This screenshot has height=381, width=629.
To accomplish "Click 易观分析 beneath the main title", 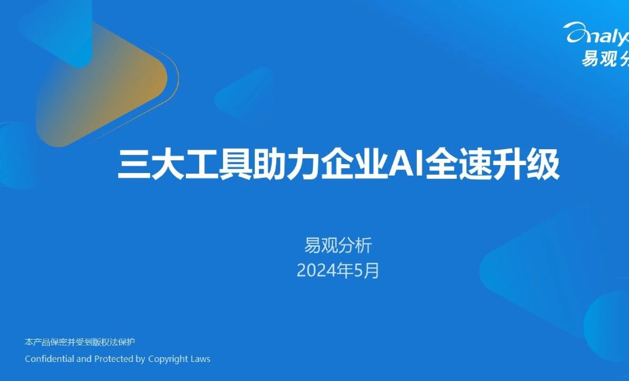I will [x=338, y=246].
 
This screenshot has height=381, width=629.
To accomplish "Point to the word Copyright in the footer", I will [x=167, y=359].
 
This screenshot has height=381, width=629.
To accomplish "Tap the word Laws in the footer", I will [x=200, y=359].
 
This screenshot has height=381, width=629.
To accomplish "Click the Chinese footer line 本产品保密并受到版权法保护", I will [x=79, y=342].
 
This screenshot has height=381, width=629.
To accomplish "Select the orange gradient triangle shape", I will [x=101, y=85].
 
